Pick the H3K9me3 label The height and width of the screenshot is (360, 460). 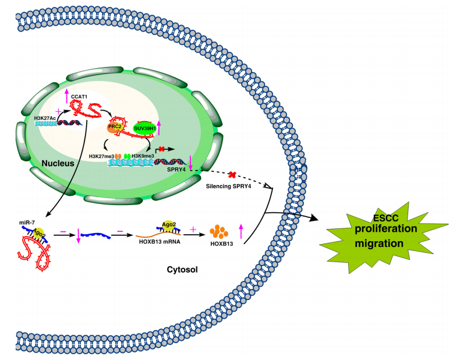144,156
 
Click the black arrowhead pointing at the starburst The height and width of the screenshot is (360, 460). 315,218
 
